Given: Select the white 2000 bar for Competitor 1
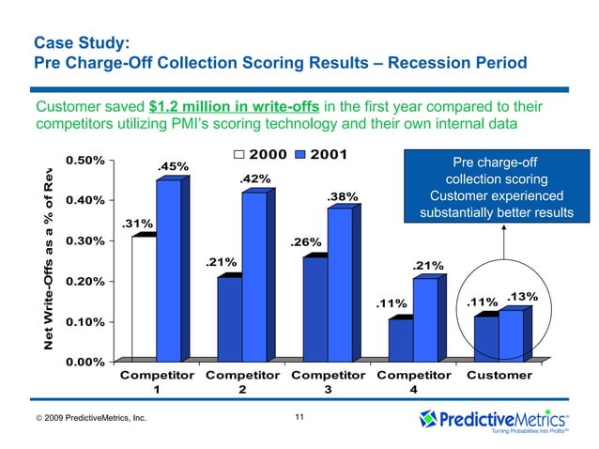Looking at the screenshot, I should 144,299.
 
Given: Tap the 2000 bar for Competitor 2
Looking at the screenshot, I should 229,319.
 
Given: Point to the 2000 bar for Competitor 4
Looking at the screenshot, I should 400,340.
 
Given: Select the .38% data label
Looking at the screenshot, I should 342,196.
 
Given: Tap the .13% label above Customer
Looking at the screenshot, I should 521,297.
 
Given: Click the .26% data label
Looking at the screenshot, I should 307,242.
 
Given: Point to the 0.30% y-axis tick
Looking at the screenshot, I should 85,240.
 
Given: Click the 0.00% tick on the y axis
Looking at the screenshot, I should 85,362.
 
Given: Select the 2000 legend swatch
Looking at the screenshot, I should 240,154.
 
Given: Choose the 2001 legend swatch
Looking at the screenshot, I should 300,154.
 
